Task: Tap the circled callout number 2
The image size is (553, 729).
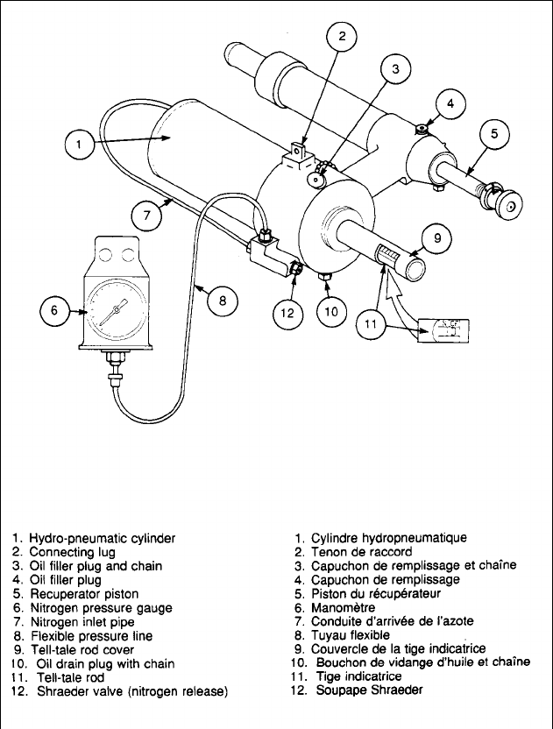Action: (x=343, y=37)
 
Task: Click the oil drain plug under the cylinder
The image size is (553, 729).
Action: (x=326, y=279)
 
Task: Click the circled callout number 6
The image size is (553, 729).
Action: (x=54, y=309)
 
